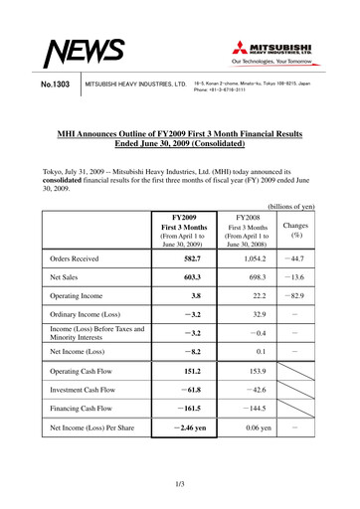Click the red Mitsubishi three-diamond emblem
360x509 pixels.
tap(244, 46)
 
